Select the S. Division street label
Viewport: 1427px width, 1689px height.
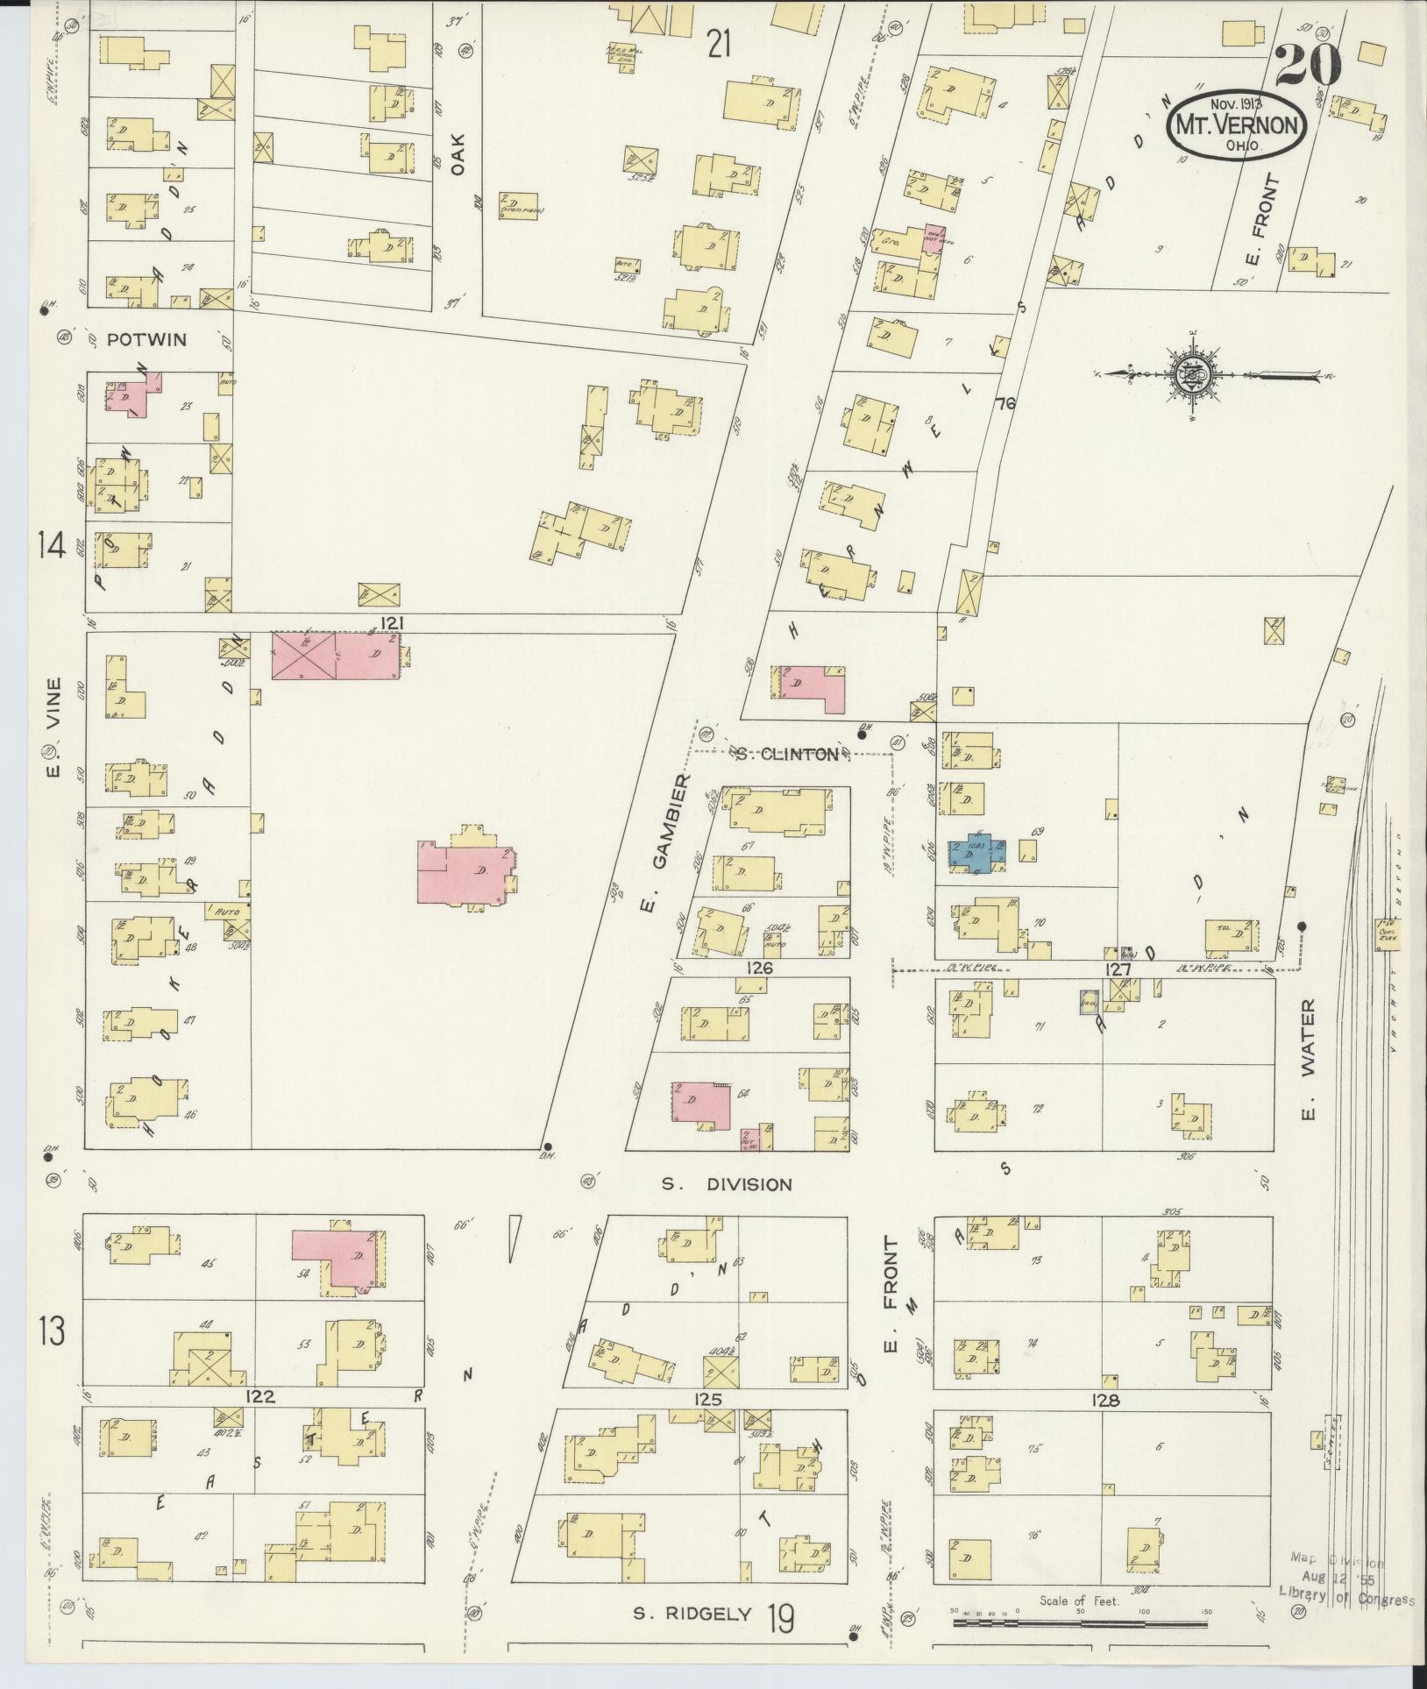(x=726, y=1184)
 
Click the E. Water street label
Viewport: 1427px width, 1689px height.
(x=1309, y=1061)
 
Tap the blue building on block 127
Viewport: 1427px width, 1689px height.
(x=977, y=853)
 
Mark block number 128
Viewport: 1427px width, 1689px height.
(x=1106, y=1401)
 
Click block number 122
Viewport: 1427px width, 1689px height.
(x=260, y=1397)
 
